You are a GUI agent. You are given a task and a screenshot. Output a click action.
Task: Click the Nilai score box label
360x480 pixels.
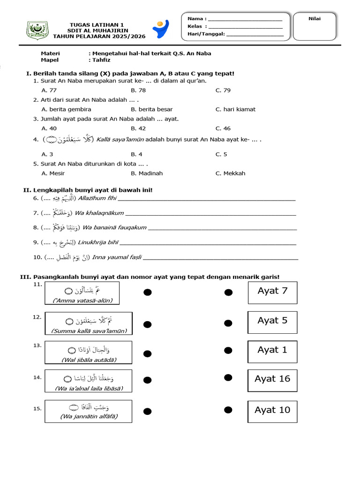coord(314,18)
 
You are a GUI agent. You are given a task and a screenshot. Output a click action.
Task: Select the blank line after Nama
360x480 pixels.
coord(245,19)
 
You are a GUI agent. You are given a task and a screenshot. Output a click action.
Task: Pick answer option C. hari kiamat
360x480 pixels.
coord(235,109)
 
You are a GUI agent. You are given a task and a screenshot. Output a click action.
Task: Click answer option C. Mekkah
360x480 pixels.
coord(230,173)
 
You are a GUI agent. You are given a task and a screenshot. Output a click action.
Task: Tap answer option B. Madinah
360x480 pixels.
coord(147,173)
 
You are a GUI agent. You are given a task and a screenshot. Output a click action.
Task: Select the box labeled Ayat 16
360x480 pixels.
coord(272,379)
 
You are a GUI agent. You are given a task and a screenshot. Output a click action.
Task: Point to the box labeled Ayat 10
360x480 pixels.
coord(272,410)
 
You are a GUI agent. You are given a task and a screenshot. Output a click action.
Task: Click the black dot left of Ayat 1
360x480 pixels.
coord(228,350)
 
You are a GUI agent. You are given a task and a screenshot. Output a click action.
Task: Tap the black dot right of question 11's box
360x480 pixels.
coord(147,292)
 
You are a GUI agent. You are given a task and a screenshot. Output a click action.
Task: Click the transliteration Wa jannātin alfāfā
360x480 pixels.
coord(89,416)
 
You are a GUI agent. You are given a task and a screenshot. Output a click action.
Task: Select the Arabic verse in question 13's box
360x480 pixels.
coord(89,350)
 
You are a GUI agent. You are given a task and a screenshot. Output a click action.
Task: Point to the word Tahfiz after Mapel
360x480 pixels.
coord(97,60)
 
